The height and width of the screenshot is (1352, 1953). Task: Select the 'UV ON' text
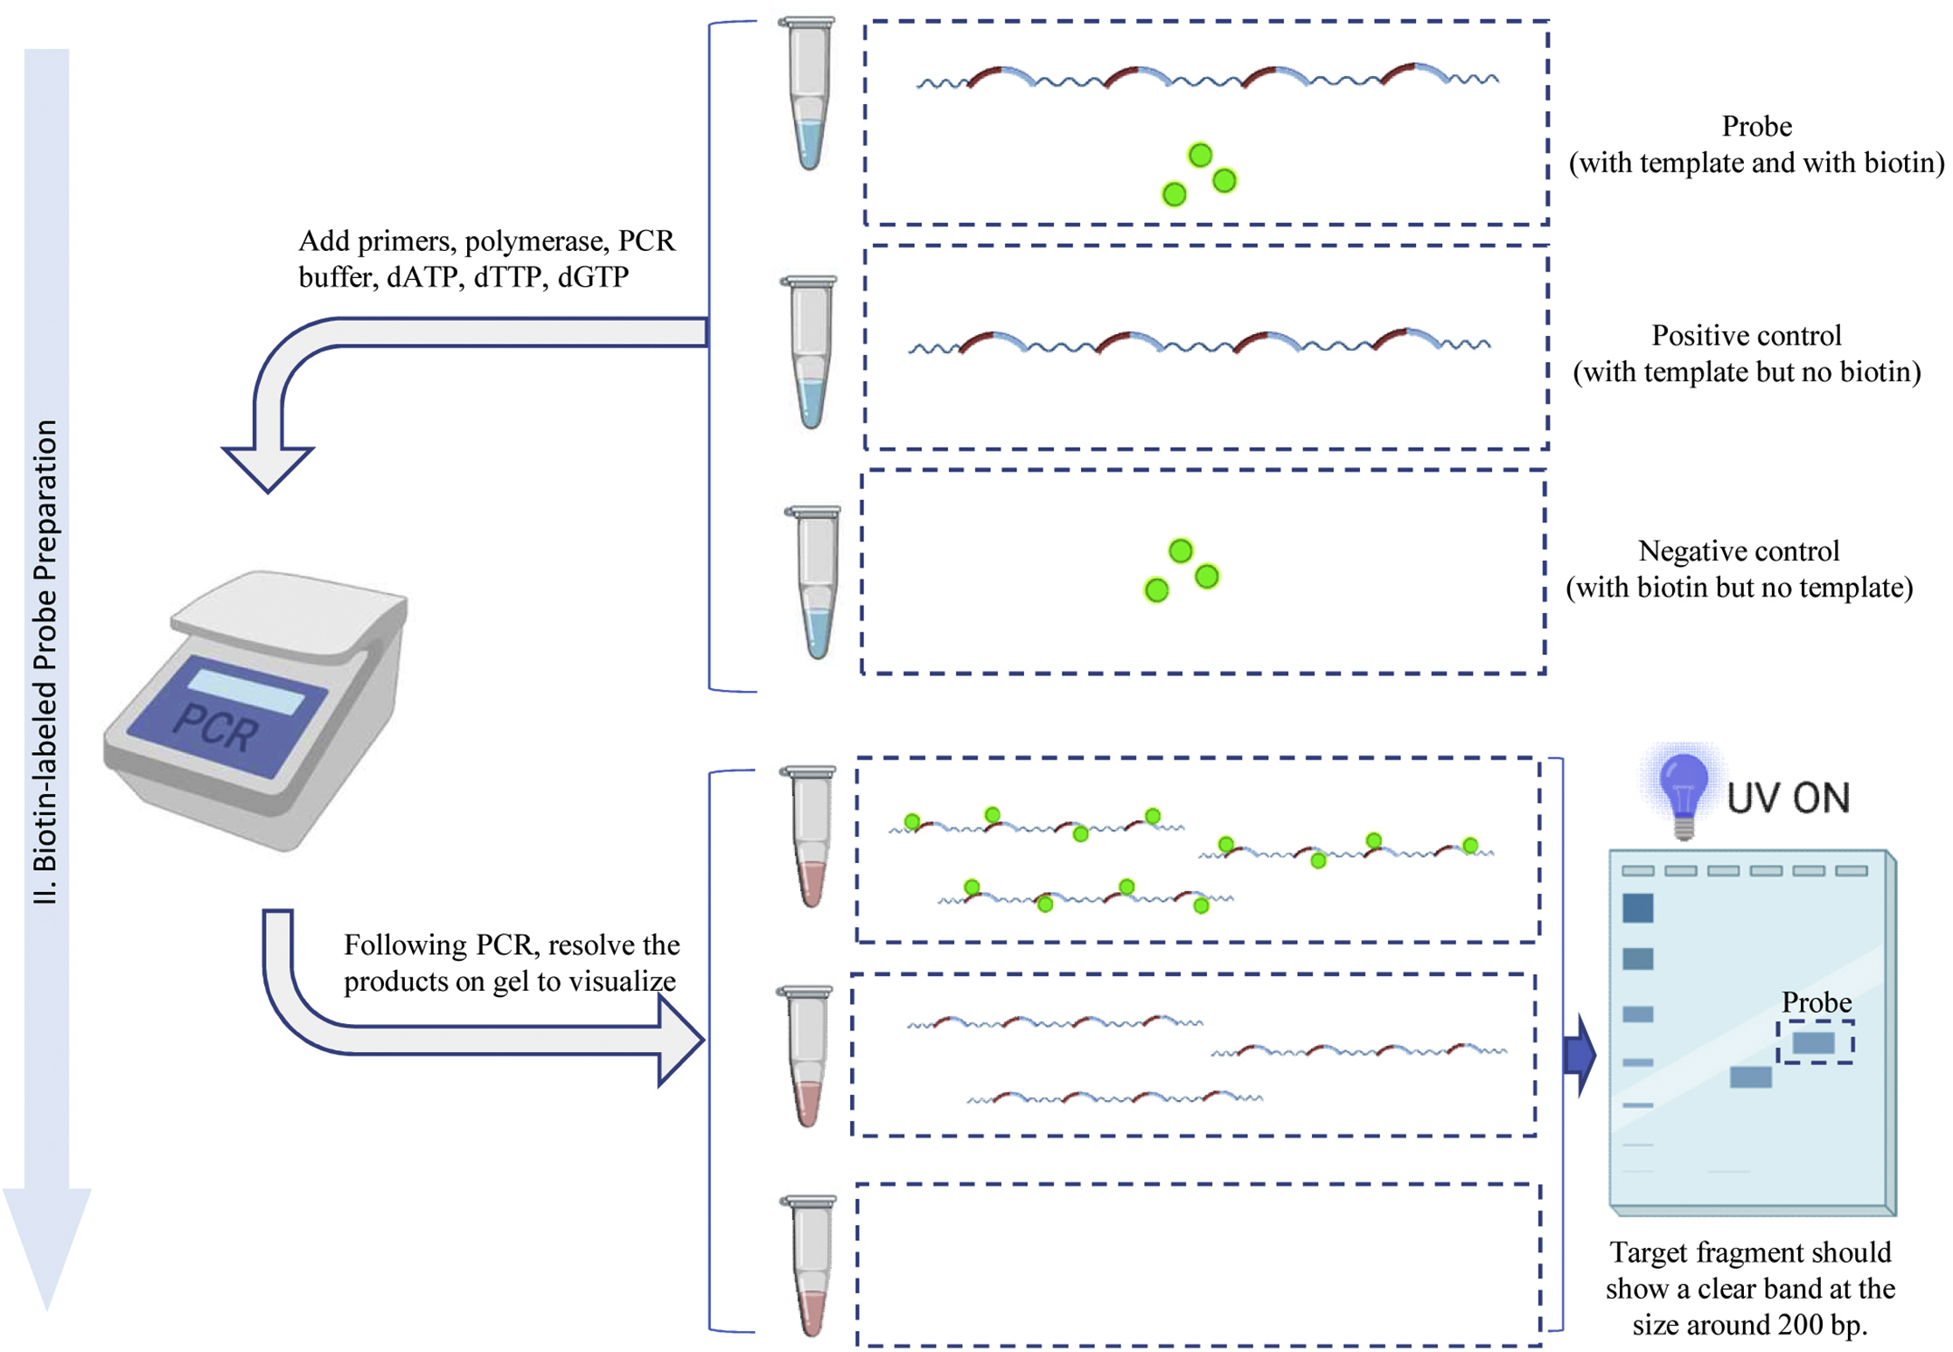pos(1788,798)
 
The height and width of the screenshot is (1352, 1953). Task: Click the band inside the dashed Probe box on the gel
pos(1813,1042)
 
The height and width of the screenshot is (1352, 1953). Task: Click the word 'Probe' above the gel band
pos(1817,1002)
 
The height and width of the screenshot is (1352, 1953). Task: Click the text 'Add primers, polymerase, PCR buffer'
pos(486,259)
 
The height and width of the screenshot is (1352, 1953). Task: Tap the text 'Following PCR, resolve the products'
pos(511,963)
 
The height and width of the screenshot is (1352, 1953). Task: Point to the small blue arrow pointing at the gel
pos(1579,1056)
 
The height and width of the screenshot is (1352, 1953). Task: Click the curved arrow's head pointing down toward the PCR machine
pos(268,469)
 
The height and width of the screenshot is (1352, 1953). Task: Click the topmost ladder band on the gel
pos(1637,908)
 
